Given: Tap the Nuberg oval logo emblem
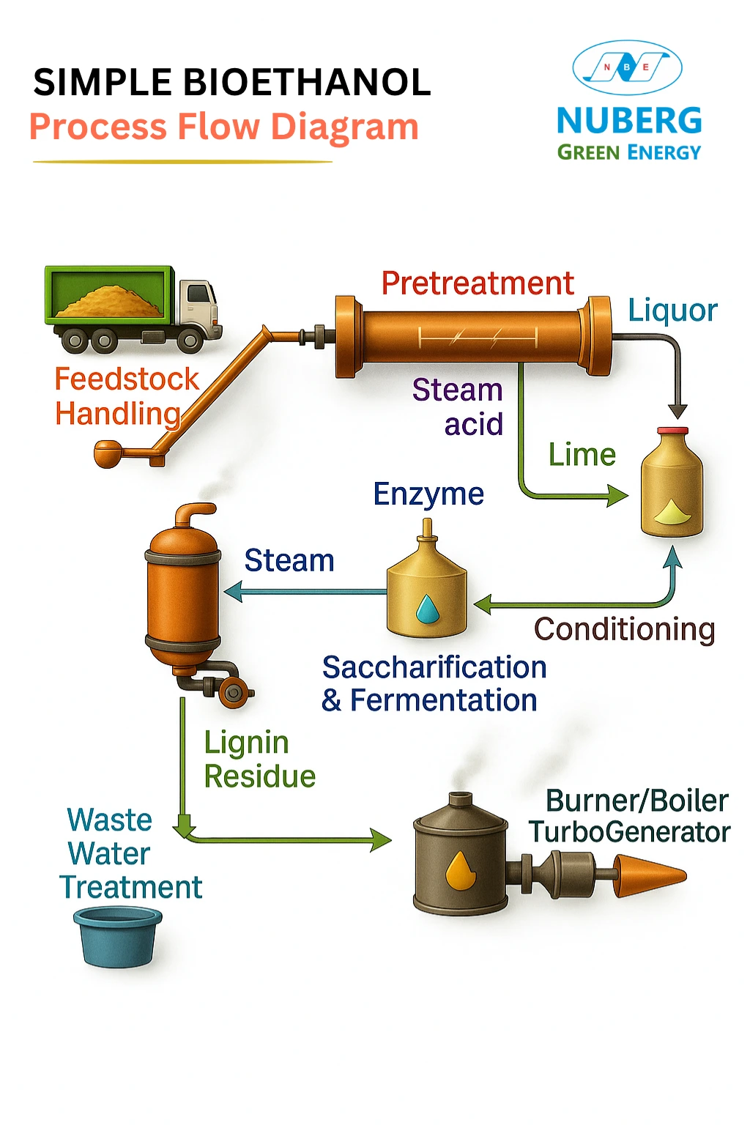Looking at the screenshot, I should (x=627, y=67).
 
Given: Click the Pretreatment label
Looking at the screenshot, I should (x=478, y=283).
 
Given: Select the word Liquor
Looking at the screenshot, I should (x=672, y=311).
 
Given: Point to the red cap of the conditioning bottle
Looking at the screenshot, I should (x=672, y=431).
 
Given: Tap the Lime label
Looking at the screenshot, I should (x=582, y=455).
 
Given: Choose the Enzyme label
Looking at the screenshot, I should (x=428, y=494).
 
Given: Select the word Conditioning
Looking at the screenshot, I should (x=624, y=629).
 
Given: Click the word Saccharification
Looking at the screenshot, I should (x=434, y=667).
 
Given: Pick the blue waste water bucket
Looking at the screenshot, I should (x=117, y=937).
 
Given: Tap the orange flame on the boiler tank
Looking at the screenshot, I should (x=461, y=870).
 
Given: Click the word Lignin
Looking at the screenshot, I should (x=246, y=743).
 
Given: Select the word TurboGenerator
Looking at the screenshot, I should (x=630, y=832).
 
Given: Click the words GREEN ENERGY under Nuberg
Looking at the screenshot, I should (x=629, y=152).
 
